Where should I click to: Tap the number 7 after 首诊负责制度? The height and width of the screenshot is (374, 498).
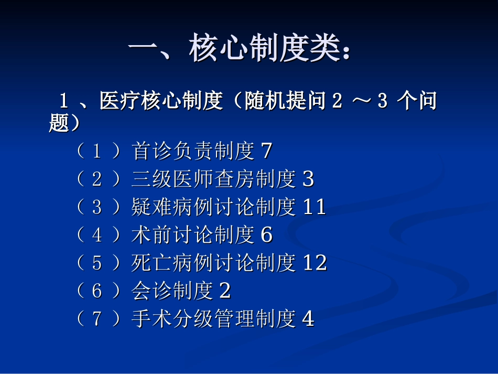point(266,152)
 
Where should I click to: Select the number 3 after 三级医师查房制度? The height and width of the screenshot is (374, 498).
point(308,179)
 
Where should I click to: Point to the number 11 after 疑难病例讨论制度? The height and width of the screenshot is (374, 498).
point(315,207)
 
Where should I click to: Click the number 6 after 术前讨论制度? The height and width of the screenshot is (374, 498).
point(266,235)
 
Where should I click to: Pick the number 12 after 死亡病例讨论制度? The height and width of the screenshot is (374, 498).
point(315,263)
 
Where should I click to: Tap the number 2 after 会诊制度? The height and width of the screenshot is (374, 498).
point(225,291)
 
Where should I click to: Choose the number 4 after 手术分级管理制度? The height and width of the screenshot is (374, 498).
point(308,318)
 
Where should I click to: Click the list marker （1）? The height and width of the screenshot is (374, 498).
point(97,152)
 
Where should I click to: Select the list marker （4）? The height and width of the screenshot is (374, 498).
point(97,235)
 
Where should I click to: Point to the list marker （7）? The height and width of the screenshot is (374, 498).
point(97,318)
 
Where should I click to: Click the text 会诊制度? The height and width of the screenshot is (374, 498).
point(172,291)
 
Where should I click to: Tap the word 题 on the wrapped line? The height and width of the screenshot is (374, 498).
point(59,124)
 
